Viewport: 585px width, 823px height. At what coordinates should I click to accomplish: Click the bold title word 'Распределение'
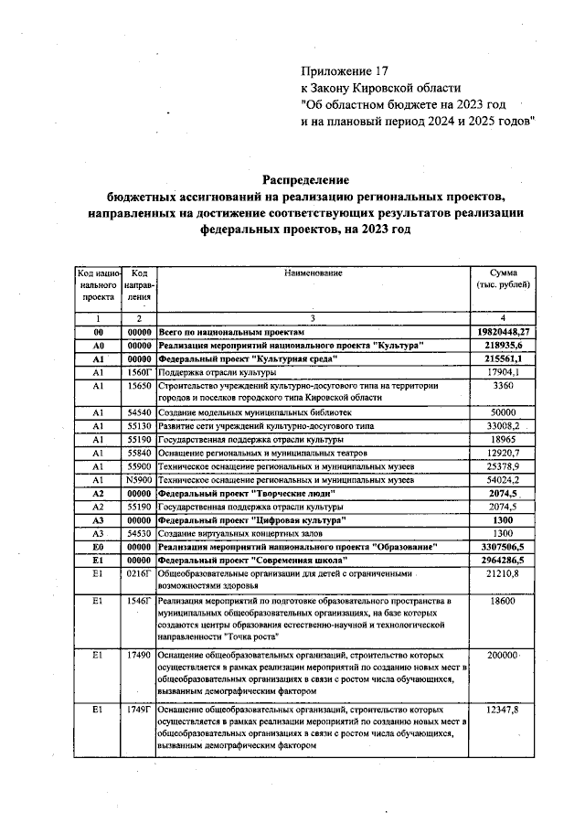coord(307,180)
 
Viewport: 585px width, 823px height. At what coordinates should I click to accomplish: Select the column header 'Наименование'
coord(313,273)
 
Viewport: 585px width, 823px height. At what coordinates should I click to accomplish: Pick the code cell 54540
coord(139,412)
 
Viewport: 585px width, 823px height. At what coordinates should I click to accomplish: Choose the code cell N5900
coord(139,479)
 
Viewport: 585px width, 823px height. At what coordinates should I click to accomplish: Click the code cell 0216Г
coord(139,573)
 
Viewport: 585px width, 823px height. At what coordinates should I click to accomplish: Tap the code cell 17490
coord(139,656)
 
